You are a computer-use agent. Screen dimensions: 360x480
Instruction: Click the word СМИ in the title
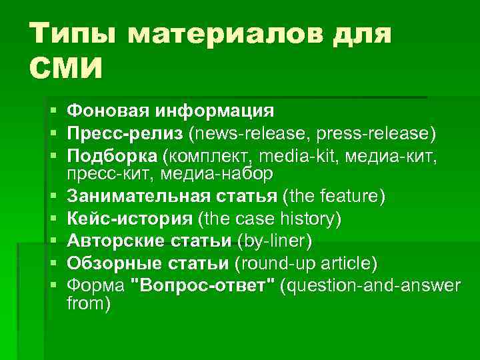point(67,68)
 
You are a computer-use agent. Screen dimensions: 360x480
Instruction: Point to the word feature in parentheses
point(351,197)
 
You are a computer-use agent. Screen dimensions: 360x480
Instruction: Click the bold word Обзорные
point(113,263)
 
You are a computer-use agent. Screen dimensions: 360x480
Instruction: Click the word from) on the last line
point(89,303)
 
